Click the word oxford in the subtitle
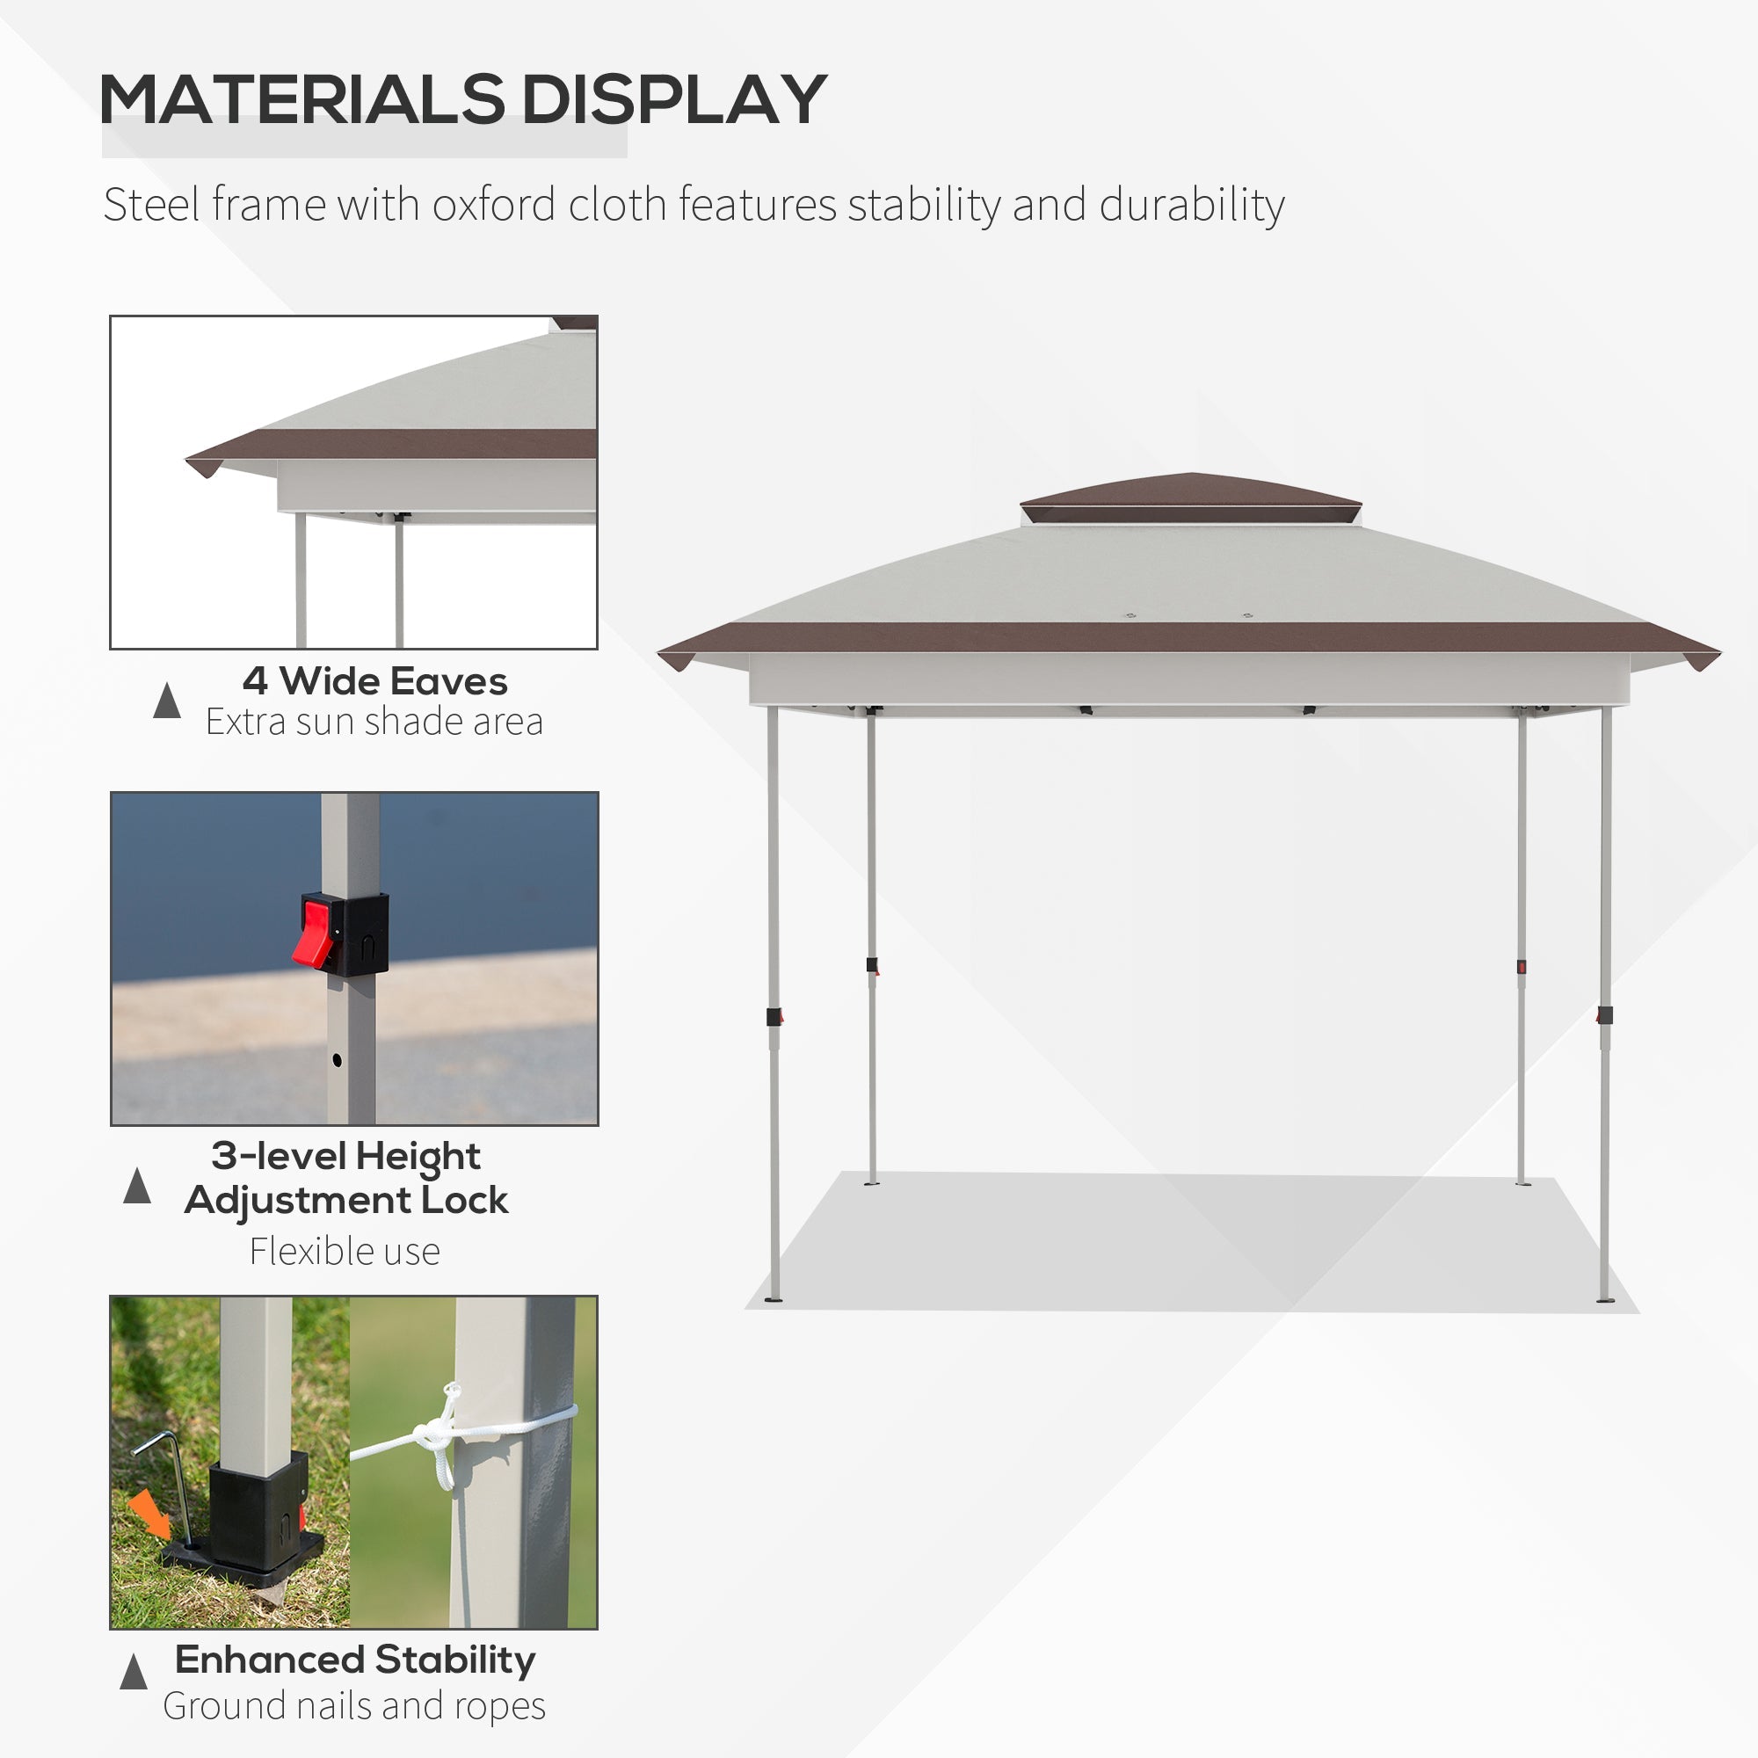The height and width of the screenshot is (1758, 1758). point(493,205)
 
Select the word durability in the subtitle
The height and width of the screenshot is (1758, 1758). point(1192,205)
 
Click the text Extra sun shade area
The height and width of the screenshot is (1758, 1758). point(374,722)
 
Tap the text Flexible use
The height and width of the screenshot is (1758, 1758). point(345,1251)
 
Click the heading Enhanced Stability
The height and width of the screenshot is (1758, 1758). point(355,1660)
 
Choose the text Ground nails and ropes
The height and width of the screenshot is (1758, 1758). point(354,1706)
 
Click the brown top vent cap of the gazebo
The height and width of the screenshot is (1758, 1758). point(1190,499)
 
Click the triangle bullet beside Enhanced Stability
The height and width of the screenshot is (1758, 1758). point(134,1672)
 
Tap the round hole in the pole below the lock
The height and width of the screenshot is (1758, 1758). point(337,1060)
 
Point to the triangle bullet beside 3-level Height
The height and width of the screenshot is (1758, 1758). point(136,1185)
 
